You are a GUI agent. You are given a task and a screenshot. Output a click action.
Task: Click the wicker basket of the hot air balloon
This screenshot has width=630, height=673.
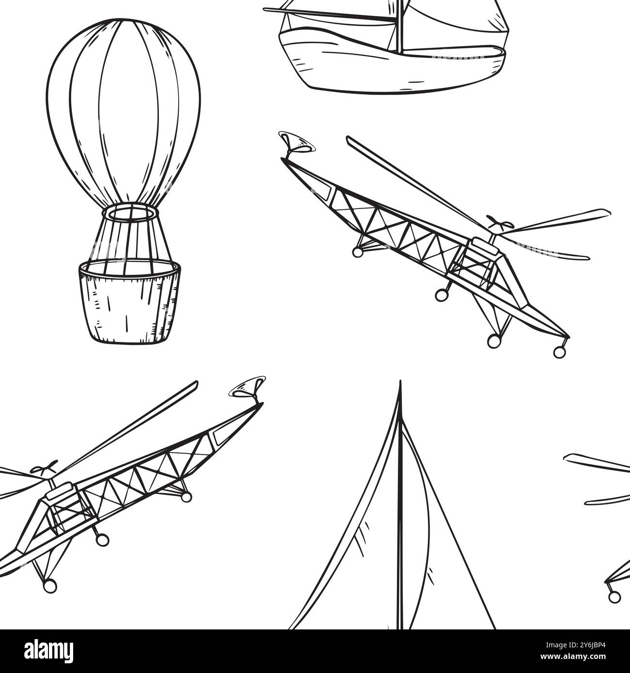[129, 301]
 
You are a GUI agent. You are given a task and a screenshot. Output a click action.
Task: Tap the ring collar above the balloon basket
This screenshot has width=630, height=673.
[130, 214]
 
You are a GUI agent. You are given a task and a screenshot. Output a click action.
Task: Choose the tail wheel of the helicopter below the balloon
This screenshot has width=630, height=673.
[186, 497]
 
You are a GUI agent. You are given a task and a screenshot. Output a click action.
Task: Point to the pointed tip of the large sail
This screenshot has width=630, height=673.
[400, 381]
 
